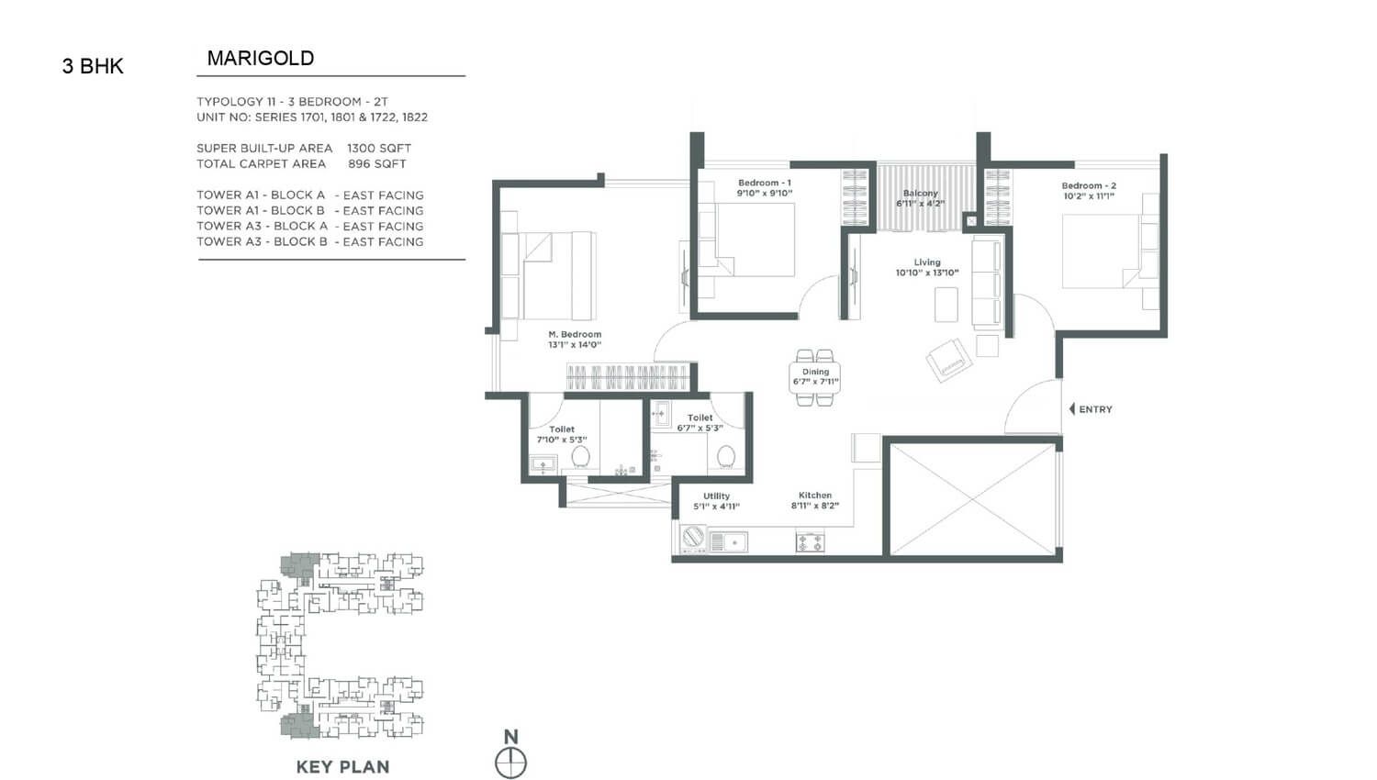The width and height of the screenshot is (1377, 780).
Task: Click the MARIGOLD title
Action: [x=261, y=59]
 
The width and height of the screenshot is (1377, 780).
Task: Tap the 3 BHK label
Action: [x=93, y=66]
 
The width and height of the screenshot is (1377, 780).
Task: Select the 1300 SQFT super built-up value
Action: [x=378, y=148]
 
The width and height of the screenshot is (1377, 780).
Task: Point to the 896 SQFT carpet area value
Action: [x=376, y=164]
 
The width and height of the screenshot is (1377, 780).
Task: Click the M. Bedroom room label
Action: [x=575, y=334]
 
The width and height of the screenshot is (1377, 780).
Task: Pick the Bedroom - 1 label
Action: [x=765, y=183]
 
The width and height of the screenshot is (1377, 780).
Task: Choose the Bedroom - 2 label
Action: [x=1089, y=185]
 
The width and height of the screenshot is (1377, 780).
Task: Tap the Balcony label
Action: [x=920, y=193]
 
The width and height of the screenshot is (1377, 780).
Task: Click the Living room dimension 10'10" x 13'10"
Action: [x=927, y=273]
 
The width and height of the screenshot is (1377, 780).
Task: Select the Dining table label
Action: [x=816, y=372]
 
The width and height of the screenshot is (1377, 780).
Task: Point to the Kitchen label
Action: [x=815, y=495]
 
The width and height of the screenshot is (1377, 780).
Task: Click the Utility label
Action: [x=716, y=496]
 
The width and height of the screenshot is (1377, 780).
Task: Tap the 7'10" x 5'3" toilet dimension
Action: [x=562, y=440]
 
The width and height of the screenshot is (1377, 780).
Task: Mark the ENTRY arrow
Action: [x=1072, y=408]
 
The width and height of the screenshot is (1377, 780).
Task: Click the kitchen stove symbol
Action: [x=811, y=542]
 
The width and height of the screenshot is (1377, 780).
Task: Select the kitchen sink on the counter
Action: [x=729, y=542]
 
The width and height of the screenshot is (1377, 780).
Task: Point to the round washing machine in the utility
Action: [x=693, y=537]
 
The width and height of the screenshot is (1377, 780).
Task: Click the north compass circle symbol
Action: [x=510, y=763]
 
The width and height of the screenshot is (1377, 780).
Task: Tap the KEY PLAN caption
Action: [x=343, y=767]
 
